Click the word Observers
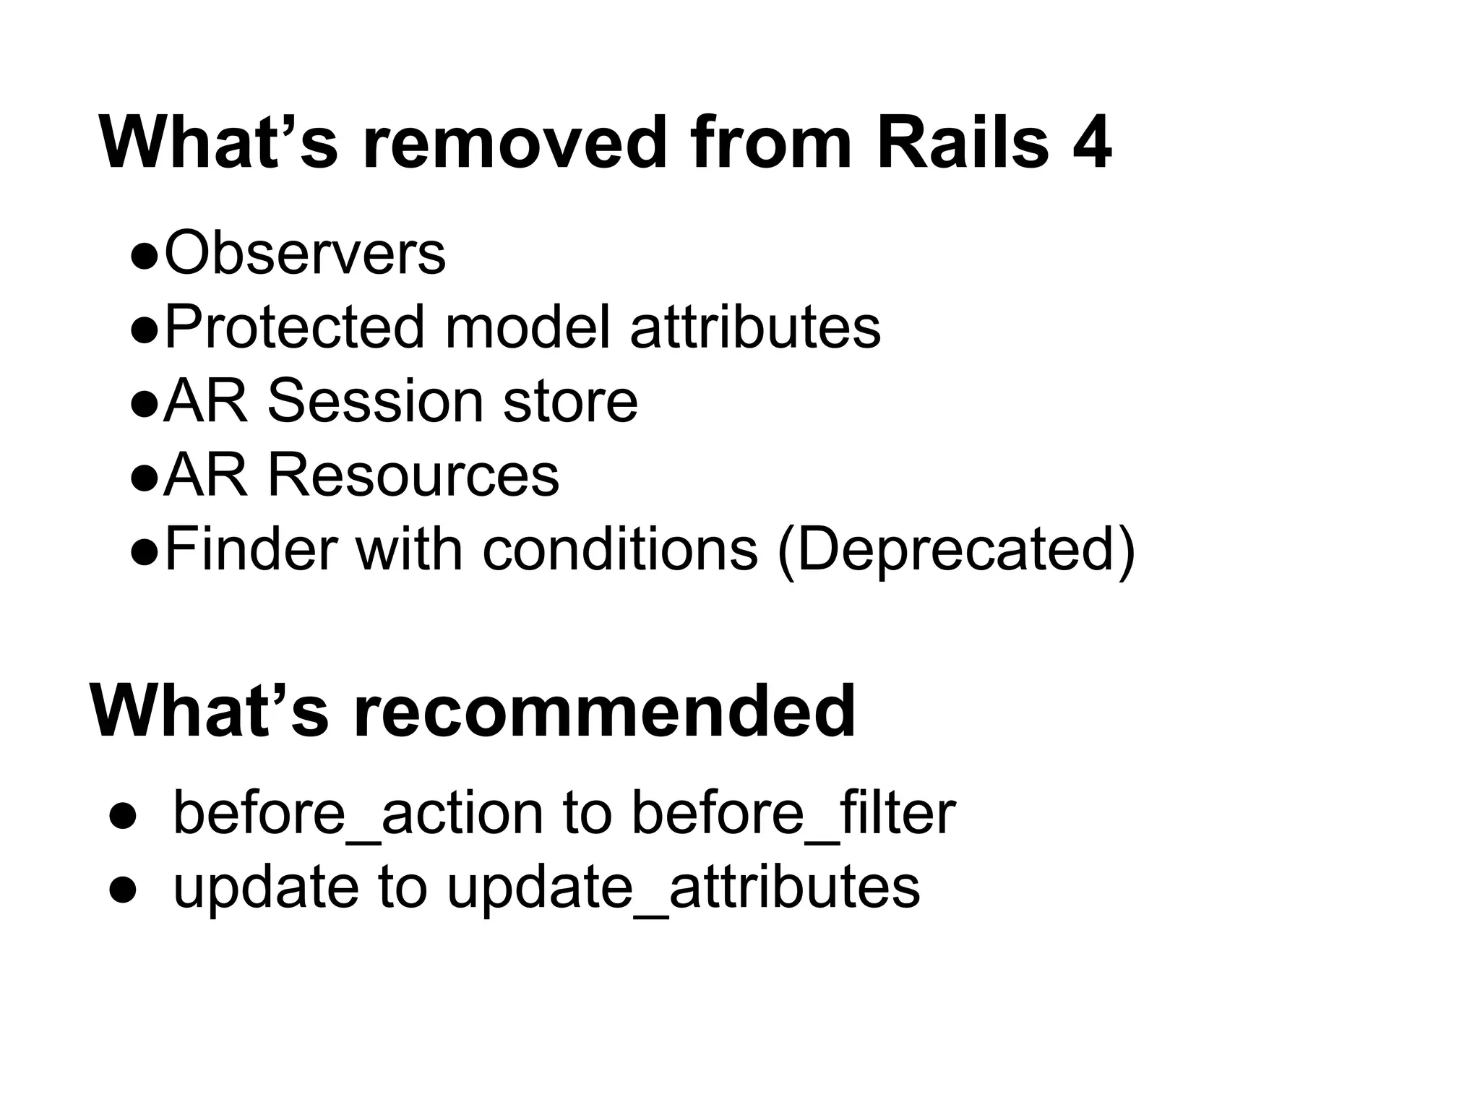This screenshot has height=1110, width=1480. (x=305, y=253)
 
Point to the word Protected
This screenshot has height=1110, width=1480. (x=294, y=327)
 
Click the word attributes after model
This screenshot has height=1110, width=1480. (x=755, y=327)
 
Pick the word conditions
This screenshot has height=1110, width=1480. (x=620, y=549)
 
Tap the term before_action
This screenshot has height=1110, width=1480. (x=358, y=813)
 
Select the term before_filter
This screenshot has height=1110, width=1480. (x=793, y=813)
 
